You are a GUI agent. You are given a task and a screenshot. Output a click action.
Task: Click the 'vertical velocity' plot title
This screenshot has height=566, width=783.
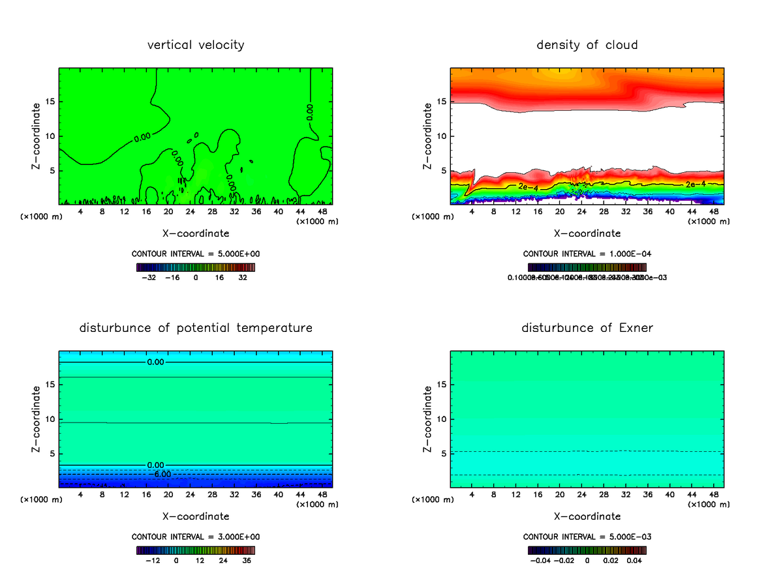(x=196, y=45)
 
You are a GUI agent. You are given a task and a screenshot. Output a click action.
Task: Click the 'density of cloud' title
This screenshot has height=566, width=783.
(x=587, y=45)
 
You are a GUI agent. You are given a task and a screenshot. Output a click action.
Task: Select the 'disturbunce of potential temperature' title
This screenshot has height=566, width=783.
(x=196, y=327)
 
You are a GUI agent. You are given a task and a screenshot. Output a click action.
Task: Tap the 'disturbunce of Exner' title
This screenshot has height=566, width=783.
(x=587, y=327)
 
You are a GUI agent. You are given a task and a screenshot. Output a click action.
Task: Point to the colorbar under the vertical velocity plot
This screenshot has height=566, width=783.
(x=196, y=267)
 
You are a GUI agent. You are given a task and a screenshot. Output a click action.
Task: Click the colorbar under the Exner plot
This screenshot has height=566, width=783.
(x=587, y=550)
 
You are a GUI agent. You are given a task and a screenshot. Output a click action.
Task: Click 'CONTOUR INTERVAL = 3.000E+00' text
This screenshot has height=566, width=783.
(x=196, y=537)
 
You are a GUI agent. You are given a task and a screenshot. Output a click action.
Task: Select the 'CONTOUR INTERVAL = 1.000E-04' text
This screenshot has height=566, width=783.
(x=587, y=254)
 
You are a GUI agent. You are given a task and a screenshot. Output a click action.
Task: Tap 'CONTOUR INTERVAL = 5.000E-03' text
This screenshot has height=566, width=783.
(x=587, y=537)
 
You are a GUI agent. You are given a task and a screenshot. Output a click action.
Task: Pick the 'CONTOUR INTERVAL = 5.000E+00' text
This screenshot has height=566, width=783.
(x=196, y=254)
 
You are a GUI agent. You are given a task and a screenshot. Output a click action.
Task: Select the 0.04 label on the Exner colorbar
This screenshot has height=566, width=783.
(x=636, y=560)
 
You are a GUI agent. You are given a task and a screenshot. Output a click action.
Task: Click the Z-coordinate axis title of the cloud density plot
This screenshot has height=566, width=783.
(x=429, y=136)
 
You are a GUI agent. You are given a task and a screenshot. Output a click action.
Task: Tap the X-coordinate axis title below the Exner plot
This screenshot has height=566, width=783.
(x=587, y=516)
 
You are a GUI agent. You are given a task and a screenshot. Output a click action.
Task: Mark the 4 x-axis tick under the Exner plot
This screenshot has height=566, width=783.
(x=472, y=494)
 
